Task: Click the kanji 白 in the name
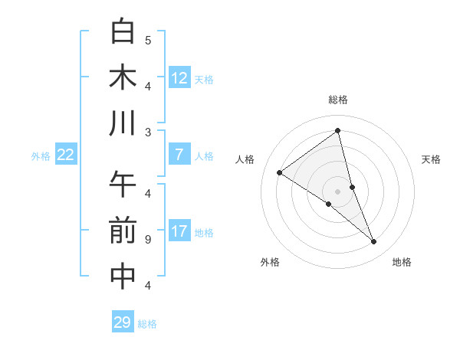[x=123, y=31]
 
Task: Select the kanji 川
[x=123, y=123]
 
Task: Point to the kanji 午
[x=123, y=185]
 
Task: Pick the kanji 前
[x=123, y=231]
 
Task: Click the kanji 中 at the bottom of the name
[x=123, y=277]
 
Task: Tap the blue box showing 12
[x=179, y=77]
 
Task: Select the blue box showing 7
[x=179, y=155]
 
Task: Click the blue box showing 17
[x=179, y=231]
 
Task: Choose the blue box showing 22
[x=65, y=155]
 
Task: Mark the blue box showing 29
[x=122, y=322]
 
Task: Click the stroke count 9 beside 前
[x=148, y=240]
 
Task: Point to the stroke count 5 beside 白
[x=148, y=40]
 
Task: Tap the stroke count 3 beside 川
[x=148, y=133]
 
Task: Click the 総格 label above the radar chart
[x=338, y=100]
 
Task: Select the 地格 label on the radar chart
[x=402, y=263]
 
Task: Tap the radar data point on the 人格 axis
[x=279, y=172]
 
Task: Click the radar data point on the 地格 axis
[x=374, y=242]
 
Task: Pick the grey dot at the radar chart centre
[x=338, y=191]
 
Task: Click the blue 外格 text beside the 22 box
[x=41, y=156]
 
